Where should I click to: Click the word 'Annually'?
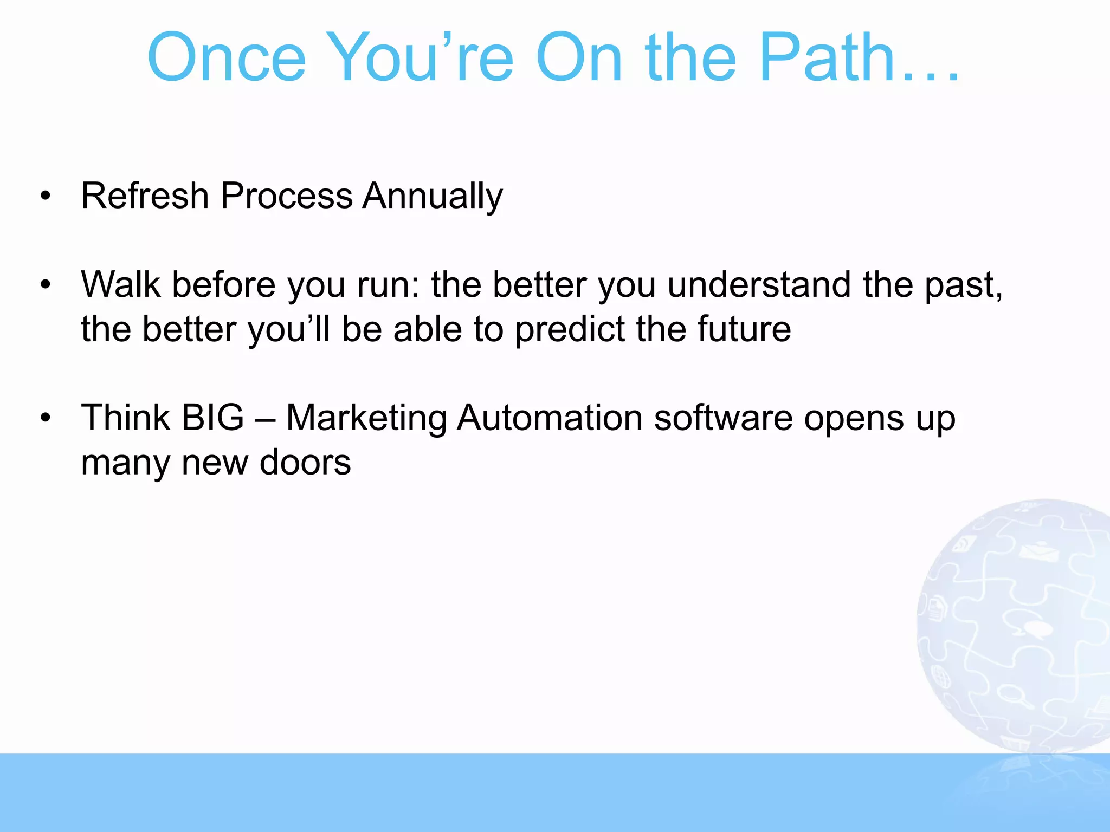click(x=433, y=196)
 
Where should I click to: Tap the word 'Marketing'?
click(x=366, y=418)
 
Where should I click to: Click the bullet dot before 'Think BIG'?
click(x=46, y=418)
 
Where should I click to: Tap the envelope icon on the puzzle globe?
click(x=1038, y=553)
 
